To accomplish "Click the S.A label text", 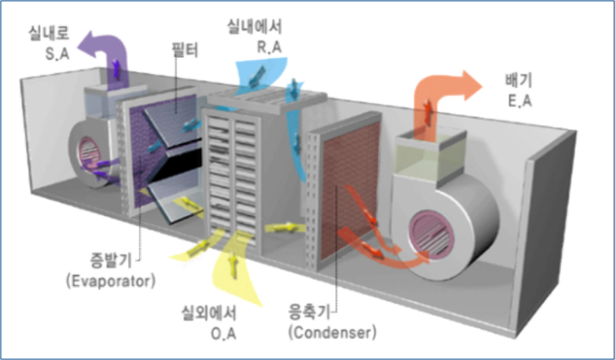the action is click(x=57, y=53).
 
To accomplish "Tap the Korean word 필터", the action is click(x=184, y=51).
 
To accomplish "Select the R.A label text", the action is click(x=269, y=46).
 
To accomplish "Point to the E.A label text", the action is click(x=520, y=100).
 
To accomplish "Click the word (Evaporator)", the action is click(x=111, y=281).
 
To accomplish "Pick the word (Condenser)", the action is click(x=332, y=332).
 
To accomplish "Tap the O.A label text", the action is click(x=224, y=333).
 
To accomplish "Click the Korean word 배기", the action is click(x=519, y=81).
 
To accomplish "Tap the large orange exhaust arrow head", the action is click(x=471, y=85).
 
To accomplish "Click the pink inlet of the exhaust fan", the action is click(x=431, y=234).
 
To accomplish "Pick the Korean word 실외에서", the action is click(x=208, y=313).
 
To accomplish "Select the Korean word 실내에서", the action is click(x=254, y=27).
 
